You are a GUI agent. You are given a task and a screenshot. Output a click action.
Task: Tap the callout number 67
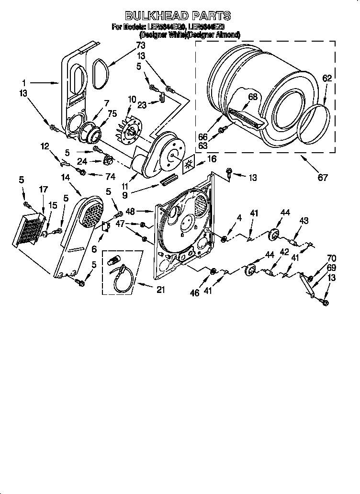(323, 178)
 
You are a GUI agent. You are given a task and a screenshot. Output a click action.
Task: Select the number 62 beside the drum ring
(326, 78)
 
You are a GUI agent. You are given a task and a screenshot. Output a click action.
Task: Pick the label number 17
(43, 190)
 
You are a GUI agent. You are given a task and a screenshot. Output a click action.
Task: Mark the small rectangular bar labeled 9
(170, 180)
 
